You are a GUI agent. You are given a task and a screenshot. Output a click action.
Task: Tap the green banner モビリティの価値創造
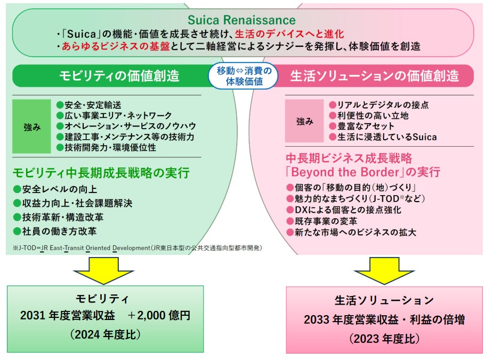click(x=119, y=76)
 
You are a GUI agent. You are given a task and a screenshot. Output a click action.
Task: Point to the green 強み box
click(x=31, y=127)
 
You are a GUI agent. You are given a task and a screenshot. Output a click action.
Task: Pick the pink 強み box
click(x=304, y=121)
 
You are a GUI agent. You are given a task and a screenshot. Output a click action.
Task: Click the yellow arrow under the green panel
click(x=106, y=270)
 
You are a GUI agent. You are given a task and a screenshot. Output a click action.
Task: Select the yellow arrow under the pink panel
click(x=383, y=270)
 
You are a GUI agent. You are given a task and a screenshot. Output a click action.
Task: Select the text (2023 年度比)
click(x=384, y=338)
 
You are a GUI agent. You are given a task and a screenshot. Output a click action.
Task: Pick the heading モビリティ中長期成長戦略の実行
click(x=101, y=173)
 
